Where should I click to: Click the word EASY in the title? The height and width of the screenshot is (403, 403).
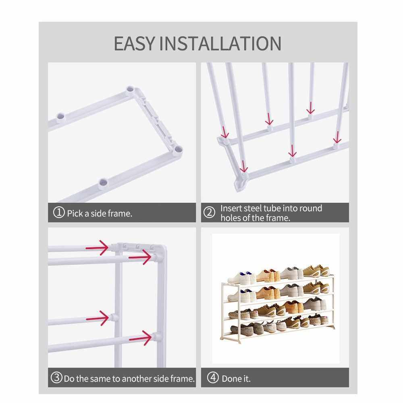click(135, 44)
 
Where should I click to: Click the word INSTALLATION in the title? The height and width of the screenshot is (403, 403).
click(220, 44)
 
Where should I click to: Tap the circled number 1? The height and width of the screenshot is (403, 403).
click(58, 212)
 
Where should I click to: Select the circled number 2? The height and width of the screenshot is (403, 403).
click(209, 212)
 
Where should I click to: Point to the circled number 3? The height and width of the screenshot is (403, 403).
click(56, 378)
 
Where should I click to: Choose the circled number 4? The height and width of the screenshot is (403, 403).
click(213, 378)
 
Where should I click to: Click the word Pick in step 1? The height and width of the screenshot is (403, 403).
click(75, 213)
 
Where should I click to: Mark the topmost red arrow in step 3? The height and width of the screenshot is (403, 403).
click(97, 248)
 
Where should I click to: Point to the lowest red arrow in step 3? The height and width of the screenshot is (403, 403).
click(140, 338)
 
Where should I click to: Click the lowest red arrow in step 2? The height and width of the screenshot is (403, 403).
click(243, 166)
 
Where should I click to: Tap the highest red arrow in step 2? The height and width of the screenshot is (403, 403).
click(310, 108)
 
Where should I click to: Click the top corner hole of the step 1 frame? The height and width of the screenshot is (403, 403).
click(130, 90)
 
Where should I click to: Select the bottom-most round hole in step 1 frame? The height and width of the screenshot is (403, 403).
click(102, 183)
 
